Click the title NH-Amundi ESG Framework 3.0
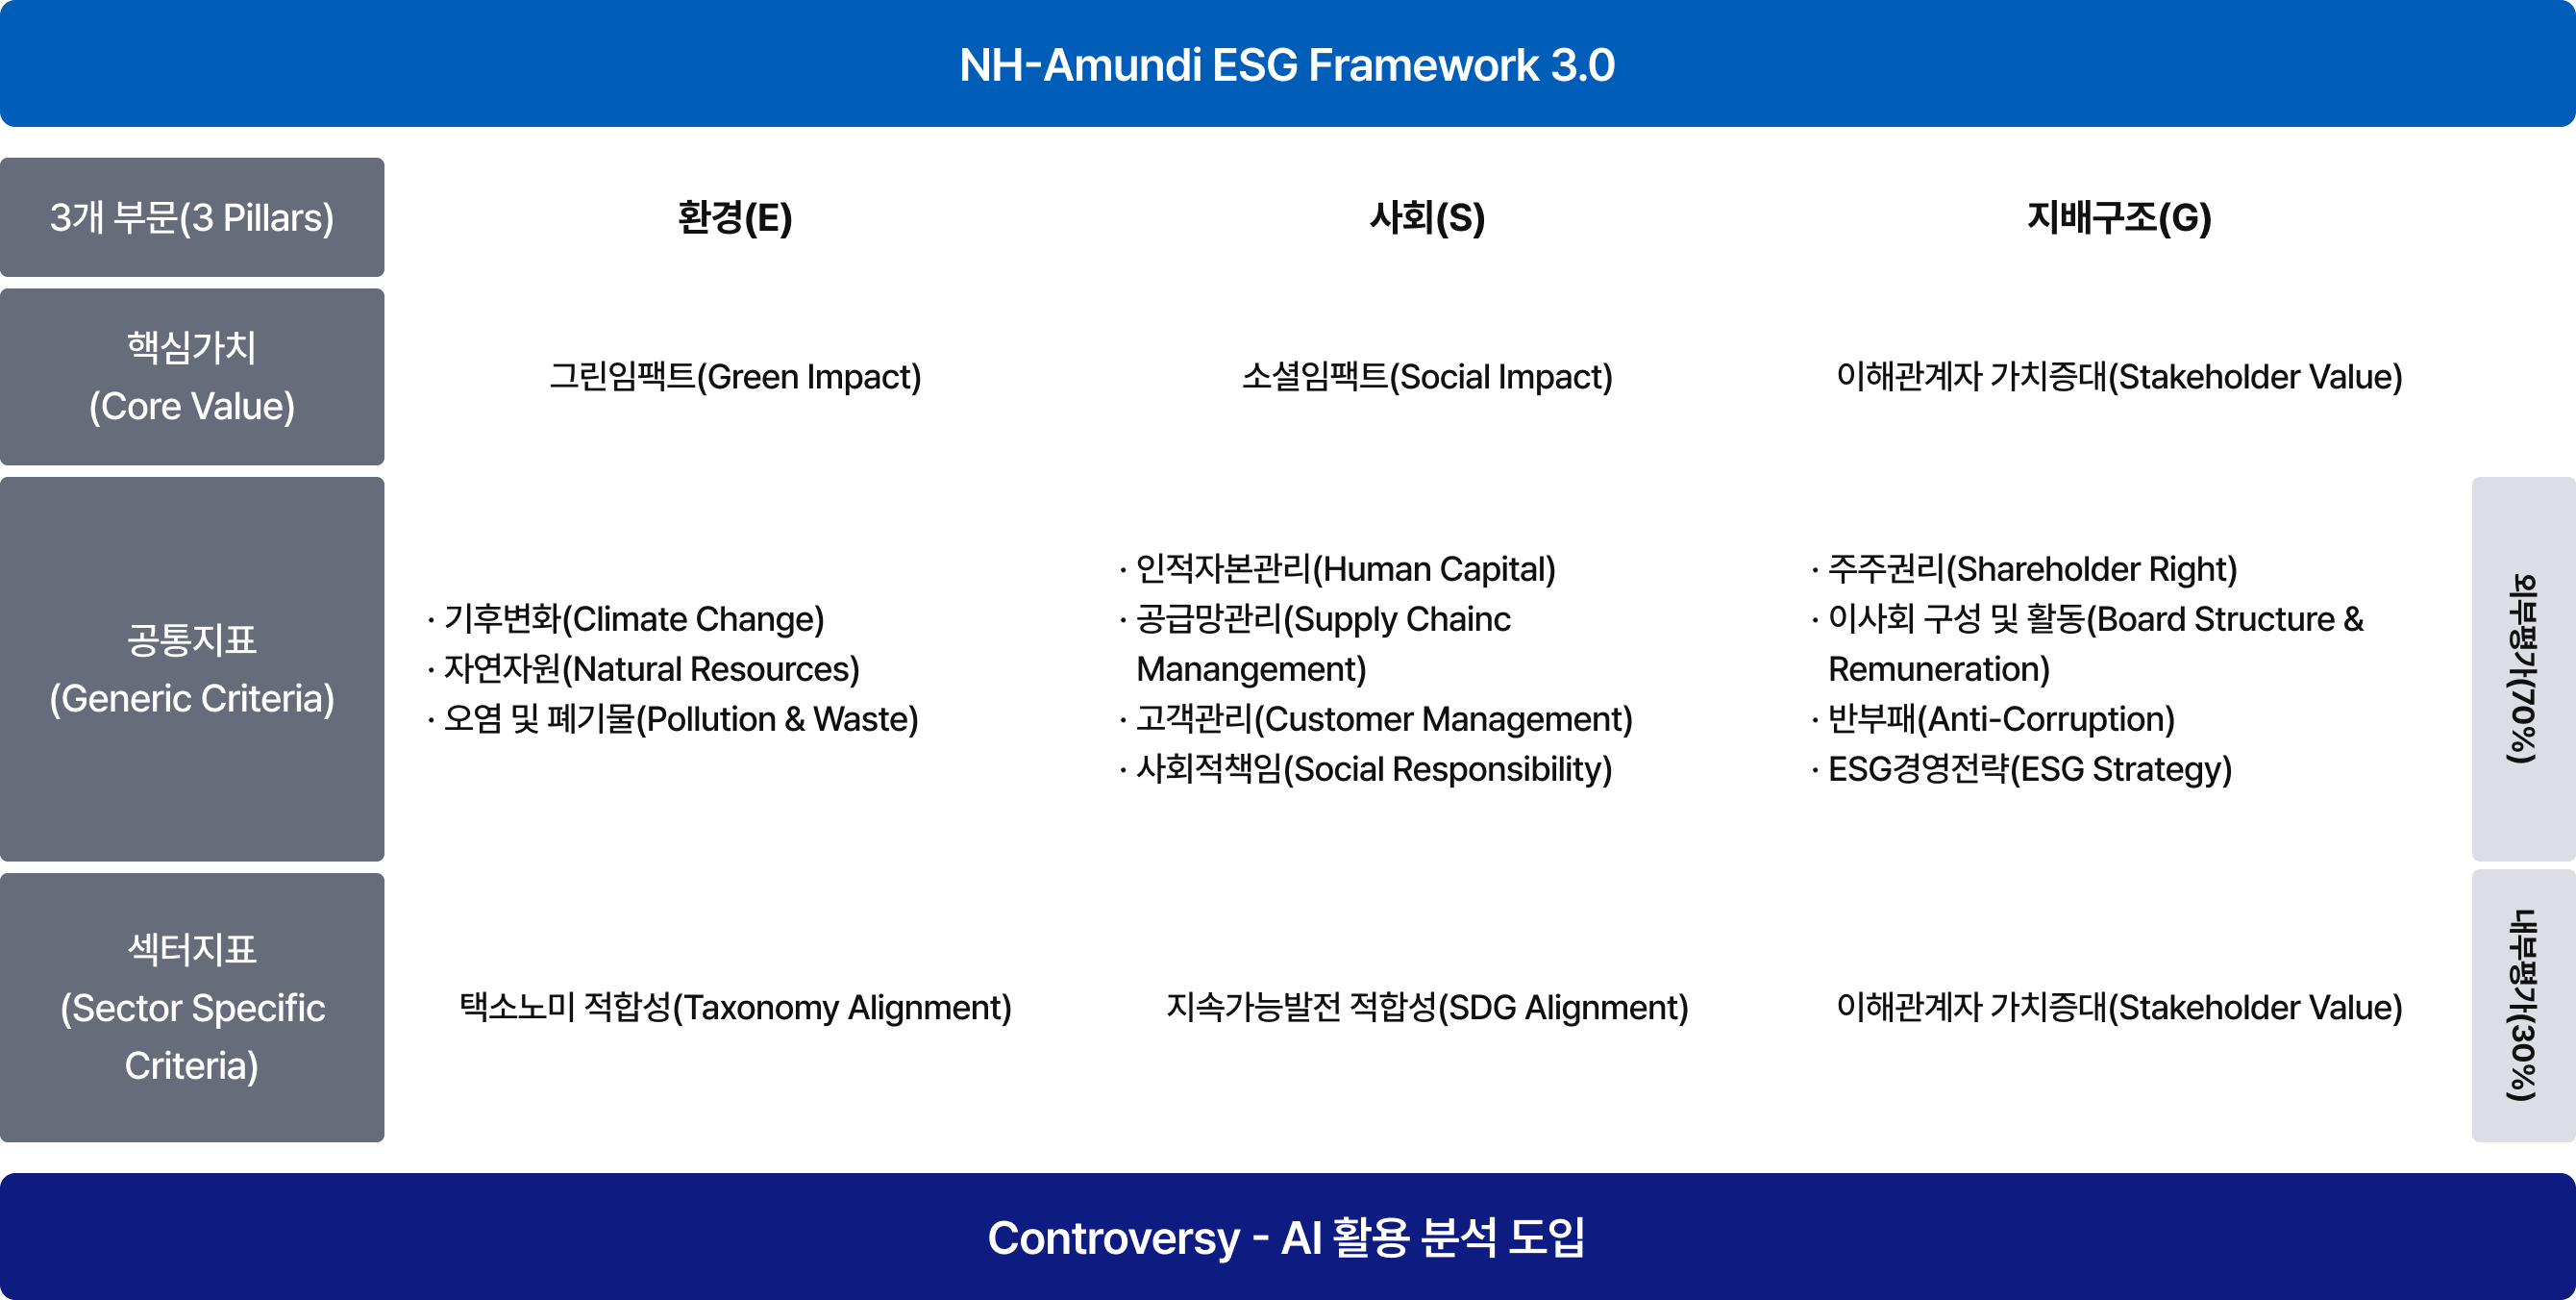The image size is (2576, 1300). click(x=1287, y=65)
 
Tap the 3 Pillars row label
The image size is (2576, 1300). click(x=192, y=217)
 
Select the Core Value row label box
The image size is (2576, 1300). click(x=192, y=377)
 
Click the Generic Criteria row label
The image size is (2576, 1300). click(x=192, y=669)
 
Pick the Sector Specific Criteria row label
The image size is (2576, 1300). click(x=192, y=1007)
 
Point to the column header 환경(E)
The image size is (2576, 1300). click(x=735, y=218)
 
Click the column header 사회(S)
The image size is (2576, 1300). click(x=1427, y=218)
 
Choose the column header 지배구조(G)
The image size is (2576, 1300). click(x=2119, y=218)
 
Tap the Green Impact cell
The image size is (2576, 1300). click(x=735, y=377)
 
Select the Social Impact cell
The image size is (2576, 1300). click(x=1427, y=377)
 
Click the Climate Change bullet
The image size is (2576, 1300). click(x=626, y=619)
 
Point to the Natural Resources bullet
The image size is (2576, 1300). click(x=644, y=669)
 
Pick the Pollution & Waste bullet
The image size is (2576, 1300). click(x=673, y=719)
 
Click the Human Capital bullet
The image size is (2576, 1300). click(x=1338, y=569)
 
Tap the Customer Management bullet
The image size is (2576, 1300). click(x=1376, y=719)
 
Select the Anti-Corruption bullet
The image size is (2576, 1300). click(x=1993, y=719)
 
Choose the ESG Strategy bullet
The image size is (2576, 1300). click(x=2022, y=769)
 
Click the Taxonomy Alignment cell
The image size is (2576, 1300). click(x=735, y=1007)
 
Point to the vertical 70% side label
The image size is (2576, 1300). click(x=2523, y=669)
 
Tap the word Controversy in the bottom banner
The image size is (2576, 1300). click(x=1113, y=1238)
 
